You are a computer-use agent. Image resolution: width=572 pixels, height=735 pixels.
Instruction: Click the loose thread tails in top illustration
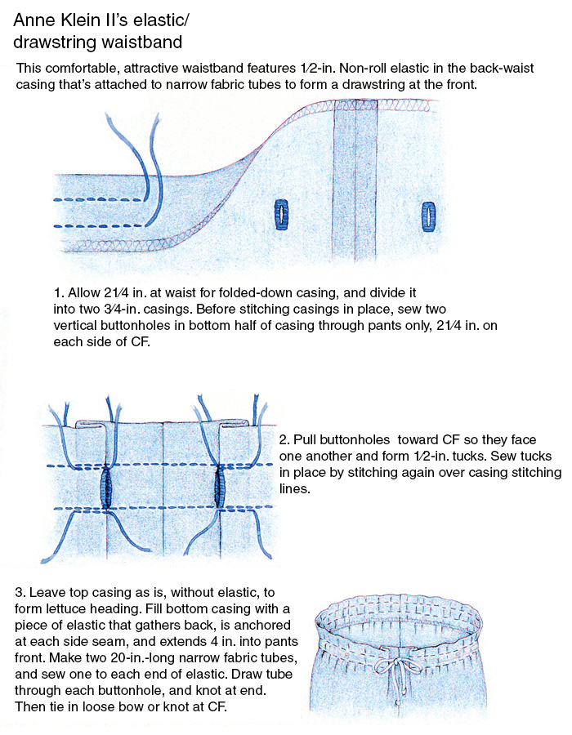139,163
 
